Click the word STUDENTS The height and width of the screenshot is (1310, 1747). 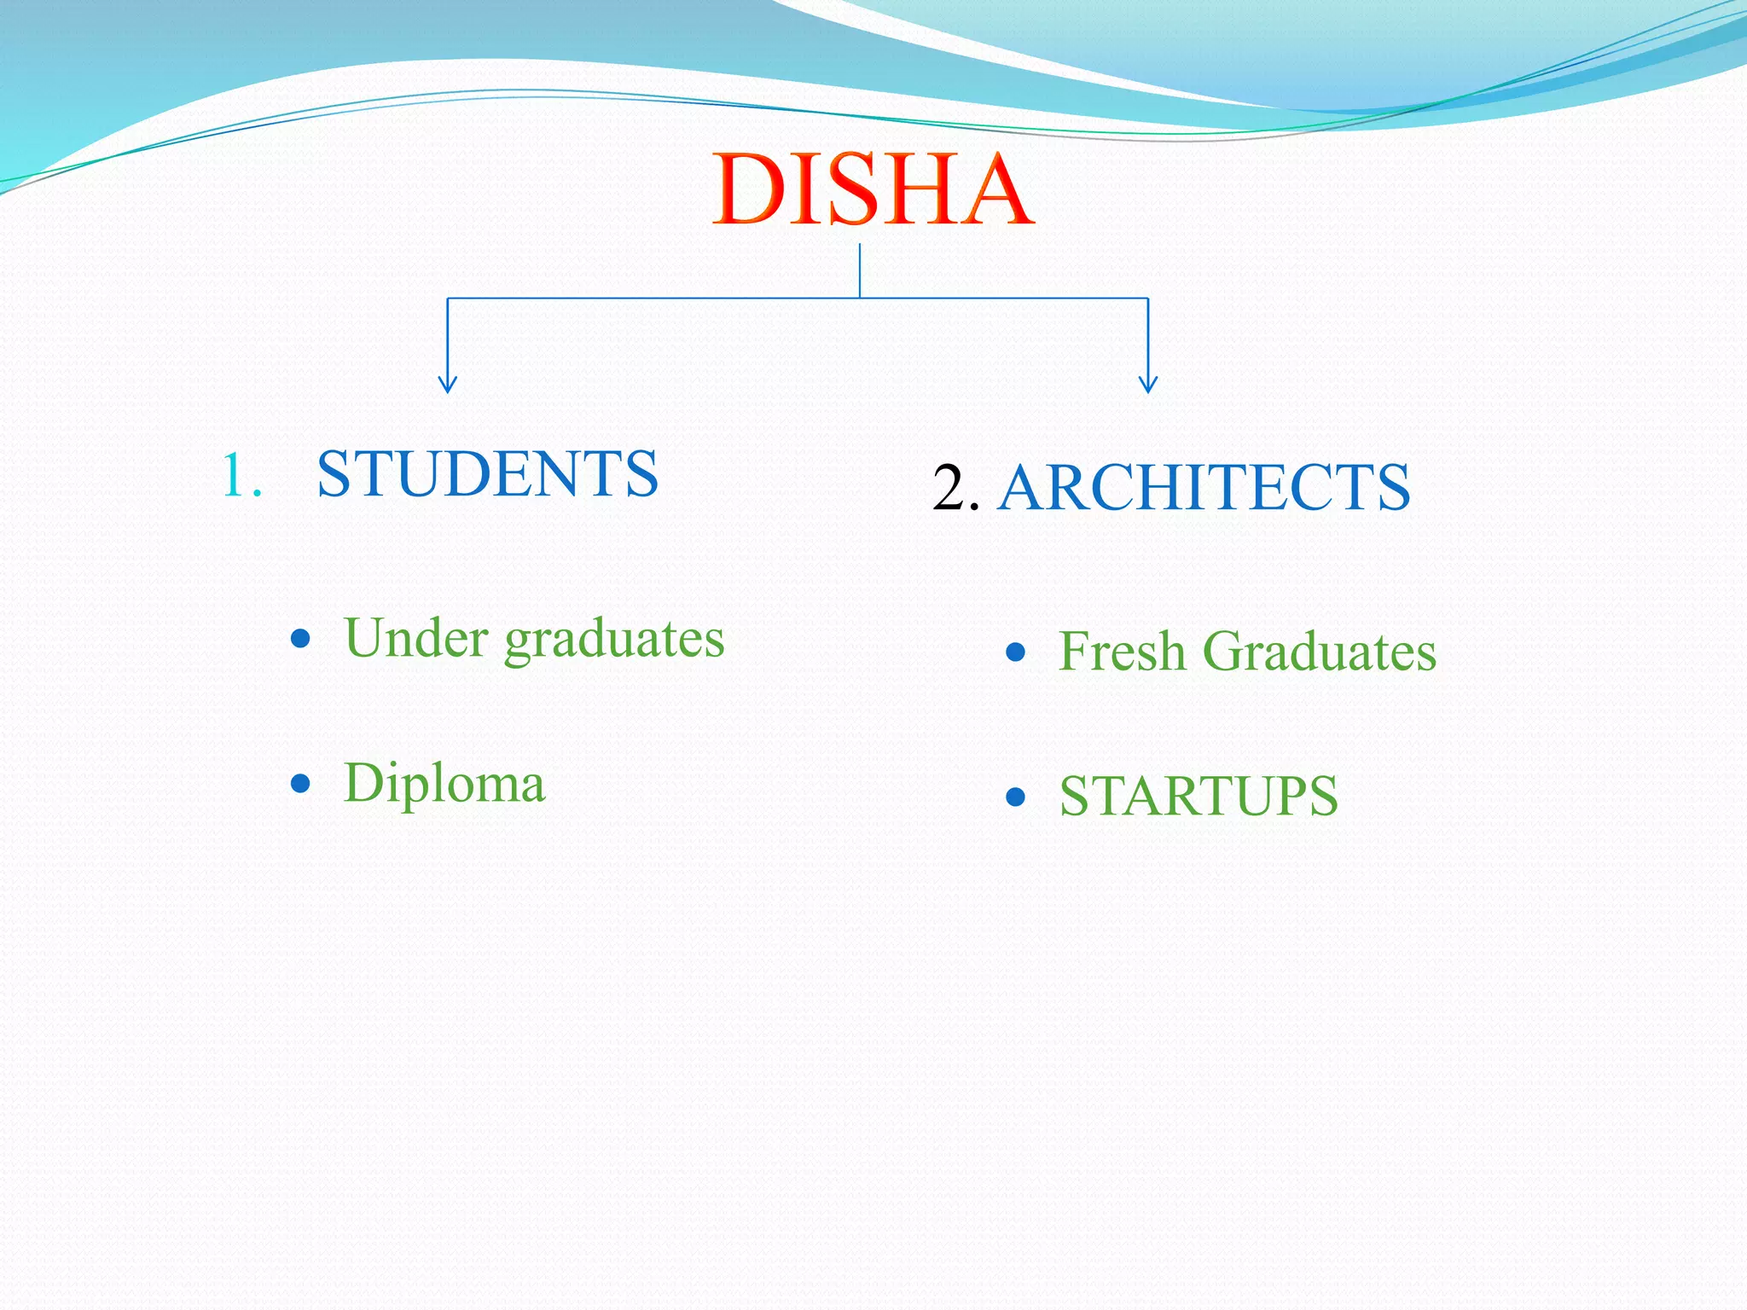[x=487, y=474]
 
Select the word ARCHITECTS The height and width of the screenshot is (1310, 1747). [x=1204, y=488]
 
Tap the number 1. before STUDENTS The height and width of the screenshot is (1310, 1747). [x=241, y=475]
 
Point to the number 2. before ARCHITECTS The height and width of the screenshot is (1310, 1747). [x=955, y=489]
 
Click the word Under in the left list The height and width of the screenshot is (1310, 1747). [x=416, y=638]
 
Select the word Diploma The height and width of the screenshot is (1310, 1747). [x=444, y=784]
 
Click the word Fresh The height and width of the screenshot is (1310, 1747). [x=1122, y=652]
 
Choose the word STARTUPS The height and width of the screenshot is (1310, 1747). [x=1199, y=797]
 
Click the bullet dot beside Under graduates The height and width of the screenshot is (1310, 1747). [x=300, y=639]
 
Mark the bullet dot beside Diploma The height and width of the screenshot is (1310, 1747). [x=300, y=783]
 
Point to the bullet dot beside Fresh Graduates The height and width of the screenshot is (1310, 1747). [x=1015, y=652]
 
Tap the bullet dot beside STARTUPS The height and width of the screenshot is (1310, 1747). [x=1015, y=797]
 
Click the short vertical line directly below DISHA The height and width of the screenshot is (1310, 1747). [x=860, y=270]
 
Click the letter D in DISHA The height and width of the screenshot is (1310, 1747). [x=749, y=189]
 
